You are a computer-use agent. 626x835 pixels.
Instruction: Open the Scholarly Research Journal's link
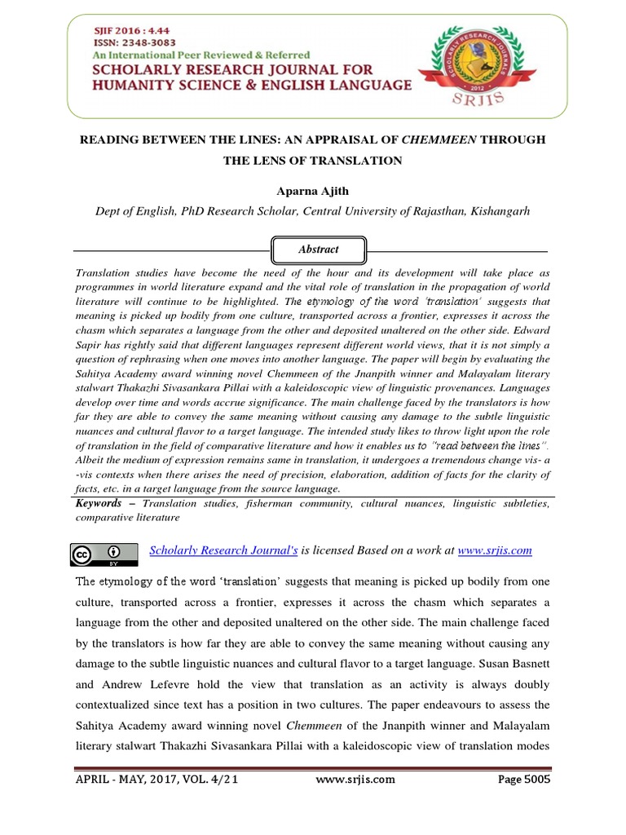[224, 550]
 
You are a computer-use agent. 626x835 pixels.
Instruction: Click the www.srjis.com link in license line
[495, 550]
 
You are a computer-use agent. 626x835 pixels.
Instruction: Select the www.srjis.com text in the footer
[355, 779]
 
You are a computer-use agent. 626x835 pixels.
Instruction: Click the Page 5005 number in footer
[524, 779]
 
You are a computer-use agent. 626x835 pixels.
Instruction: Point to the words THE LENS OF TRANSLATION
[312, 161]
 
